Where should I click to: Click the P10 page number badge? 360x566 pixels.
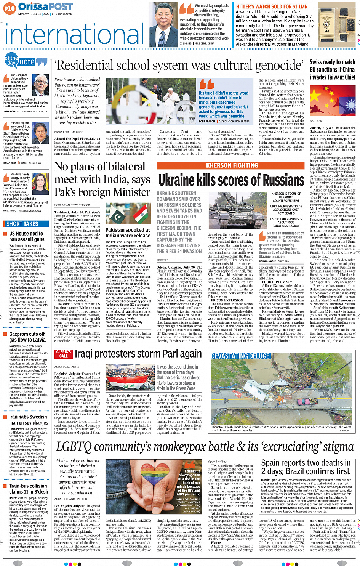(10, 8)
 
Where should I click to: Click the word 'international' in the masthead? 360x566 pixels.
(74, 34)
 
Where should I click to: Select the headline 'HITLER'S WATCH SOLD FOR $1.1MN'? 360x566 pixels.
(272, 6)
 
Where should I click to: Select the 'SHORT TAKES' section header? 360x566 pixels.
(22, 224)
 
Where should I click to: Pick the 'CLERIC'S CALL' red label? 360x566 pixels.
(63, 354)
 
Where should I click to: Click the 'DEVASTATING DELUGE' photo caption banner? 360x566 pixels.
(240, 356)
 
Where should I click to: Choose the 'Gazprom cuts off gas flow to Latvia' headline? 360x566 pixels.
(27, 337)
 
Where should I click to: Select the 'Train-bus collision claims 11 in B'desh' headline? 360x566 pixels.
(29, 489)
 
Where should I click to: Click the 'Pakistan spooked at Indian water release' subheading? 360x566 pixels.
(128, 232)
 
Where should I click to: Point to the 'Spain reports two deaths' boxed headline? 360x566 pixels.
(306, 467)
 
